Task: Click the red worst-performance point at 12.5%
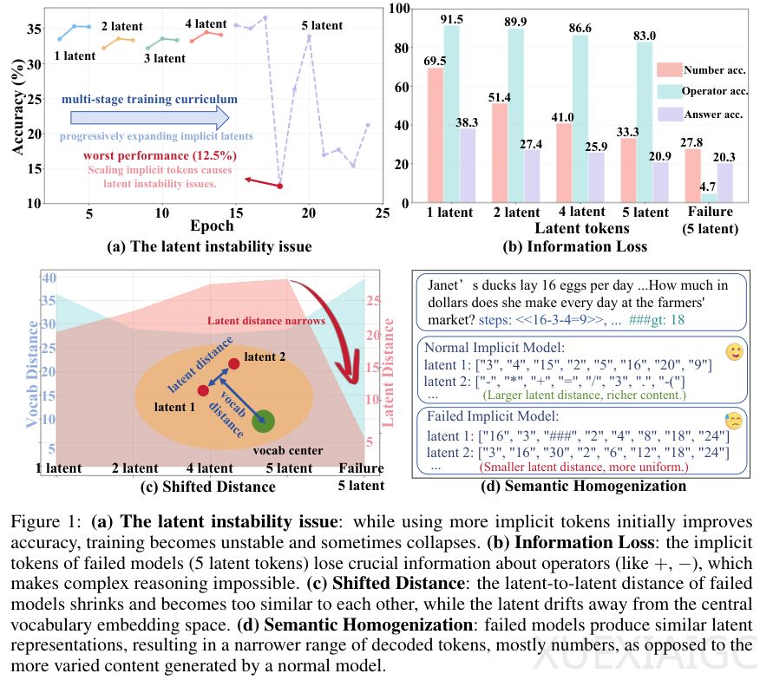click(x=279, y=186)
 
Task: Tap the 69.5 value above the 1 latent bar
click(x=436, y=60)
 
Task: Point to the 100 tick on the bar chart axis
click(x=400, y=9)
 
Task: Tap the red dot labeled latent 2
click(x=233, y=363)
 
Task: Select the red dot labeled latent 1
click(x=203, y=390)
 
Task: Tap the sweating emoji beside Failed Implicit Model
click(x=733, y=421)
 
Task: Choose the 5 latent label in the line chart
click(x=322, y=26)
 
